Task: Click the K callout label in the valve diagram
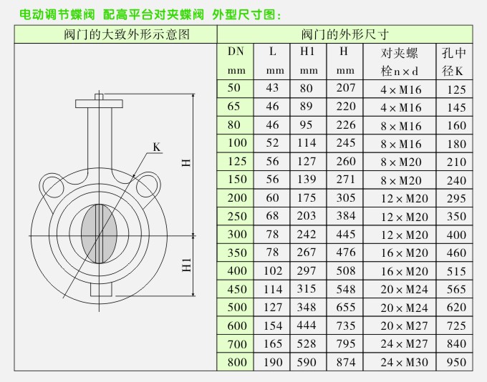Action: pyautogui.click(x=157, y=147)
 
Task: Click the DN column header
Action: pyautogui.click(x=236, y=52)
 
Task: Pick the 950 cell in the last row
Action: pyautogui.click(x=455, y=363)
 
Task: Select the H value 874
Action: pyautogui.click(x=345, y=363)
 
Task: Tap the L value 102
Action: pyautogui.click(x=273, y=272)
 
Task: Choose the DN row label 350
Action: pyautogui.click(x=236, y=253)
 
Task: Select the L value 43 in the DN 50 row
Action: pyautogui.click(x=273, y=89)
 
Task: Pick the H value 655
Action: pyautogui.click(x=345, y=308)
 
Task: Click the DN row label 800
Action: pyautogui.click(x=236, y=363)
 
